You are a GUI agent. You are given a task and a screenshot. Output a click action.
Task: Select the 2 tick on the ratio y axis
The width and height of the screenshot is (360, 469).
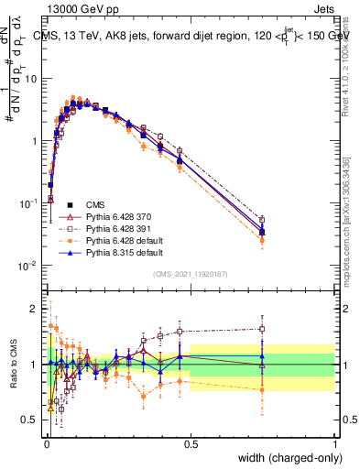point(35,309)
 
